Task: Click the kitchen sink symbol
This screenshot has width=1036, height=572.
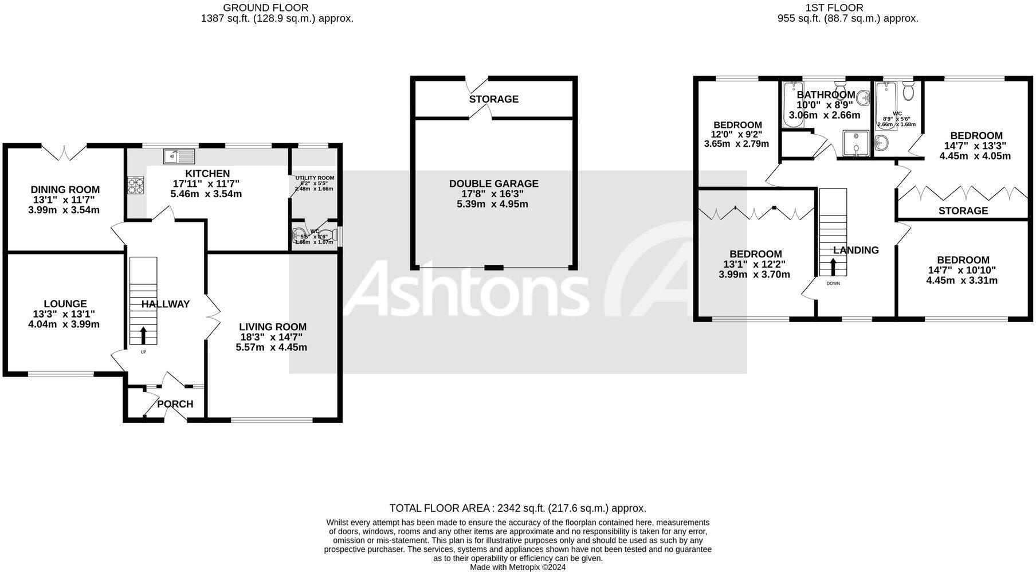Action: pos(179,156)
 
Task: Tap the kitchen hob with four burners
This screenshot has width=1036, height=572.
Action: pos(136,186)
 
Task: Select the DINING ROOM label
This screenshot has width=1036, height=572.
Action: pos(65,190)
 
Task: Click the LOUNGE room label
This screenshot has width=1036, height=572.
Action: pos(65,304)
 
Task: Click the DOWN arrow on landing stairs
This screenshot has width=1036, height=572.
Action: pos(833,268)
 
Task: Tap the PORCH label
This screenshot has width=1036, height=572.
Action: pos(175,404)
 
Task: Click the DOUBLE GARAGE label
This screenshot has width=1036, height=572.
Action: pos(493,183)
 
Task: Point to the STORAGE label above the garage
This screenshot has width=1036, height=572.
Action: pos(493,99)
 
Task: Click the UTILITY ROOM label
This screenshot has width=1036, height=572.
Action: pos(315,178)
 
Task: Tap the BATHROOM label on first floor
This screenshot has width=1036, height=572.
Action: pos(826,95)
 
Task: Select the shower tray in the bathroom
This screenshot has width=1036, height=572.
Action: pos(856,143)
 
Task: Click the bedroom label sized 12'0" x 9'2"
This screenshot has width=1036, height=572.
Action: pos(737,125)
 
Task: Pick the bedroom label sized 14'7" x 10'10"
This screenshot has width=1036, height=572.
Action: pos(962,260)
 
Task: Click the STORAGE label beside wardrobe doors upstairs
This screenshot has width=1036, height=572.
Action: pos(963,211)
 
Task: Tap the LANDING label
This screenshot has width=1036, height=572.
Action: pos(856,250)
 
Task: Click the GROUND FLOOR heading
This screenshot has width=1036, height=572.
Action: pos(265,7)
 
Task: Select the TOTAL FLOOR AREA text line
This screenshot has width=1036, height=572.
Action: pos(517,508)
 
